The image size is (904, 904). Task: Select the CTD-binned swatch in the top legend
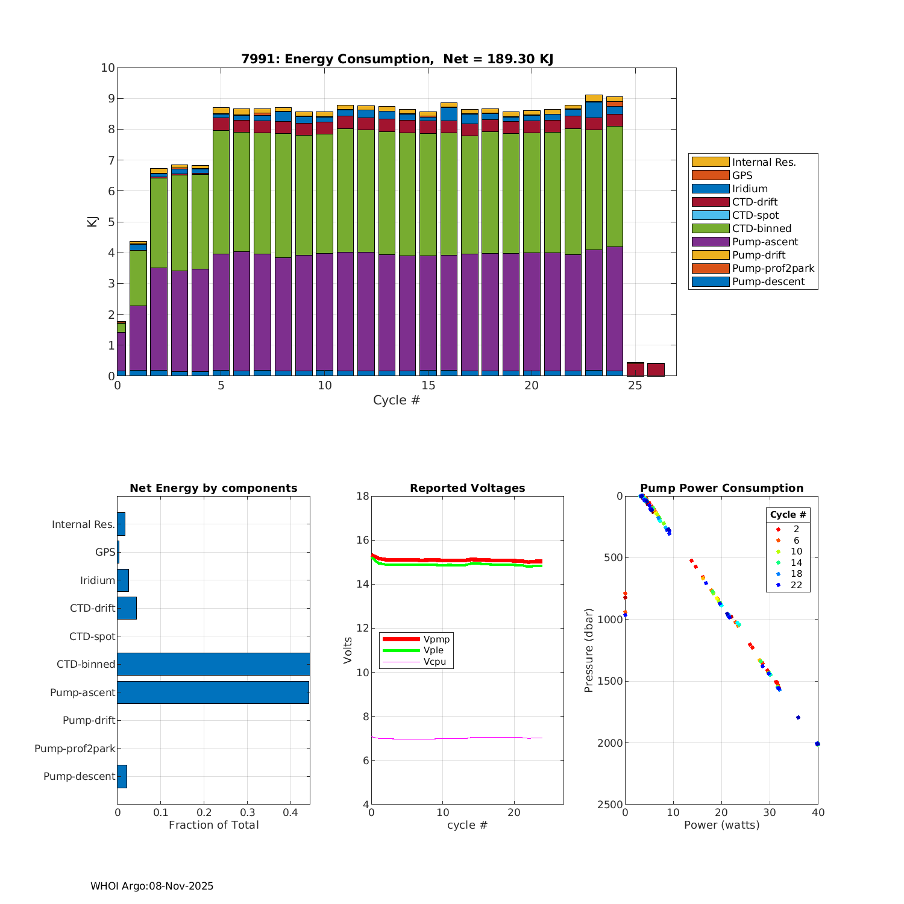[710, 228]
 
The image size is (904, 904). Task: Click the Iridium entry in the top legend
[749, 189]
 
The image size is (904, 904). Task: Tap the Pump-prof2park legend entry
[773, 268]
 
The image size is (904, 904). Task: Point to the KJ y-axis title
[92, 221]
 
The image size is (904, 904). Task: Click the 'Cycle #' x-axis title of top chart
[396, 400]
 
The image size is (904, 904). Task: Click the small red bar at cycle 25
[635, 369]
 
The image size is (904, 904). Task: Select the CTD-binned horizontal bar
[213, 664]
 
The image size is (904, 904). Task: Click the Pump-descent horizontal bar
[122, 776]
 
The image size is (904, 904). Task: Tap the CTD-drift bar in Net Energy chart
[127, 608]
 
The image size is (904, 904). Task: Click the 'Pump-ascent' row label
[83, 692]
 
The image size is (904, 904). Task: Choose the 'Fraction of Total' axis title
[213, 825]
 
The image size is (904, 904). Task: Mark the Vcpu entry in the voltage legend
[434, 662]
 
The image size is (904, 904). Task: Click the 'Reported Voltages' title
[467, 488]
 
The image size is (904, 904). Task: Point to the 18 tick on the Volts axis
[362, 496]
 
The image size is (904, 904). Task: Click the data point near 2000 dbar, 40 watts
[817, 744]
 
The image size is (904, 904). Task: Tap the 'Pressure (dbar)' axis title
[589, 650]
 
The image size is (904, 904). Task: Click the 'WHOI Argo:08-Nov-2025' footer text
[152, 886]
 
